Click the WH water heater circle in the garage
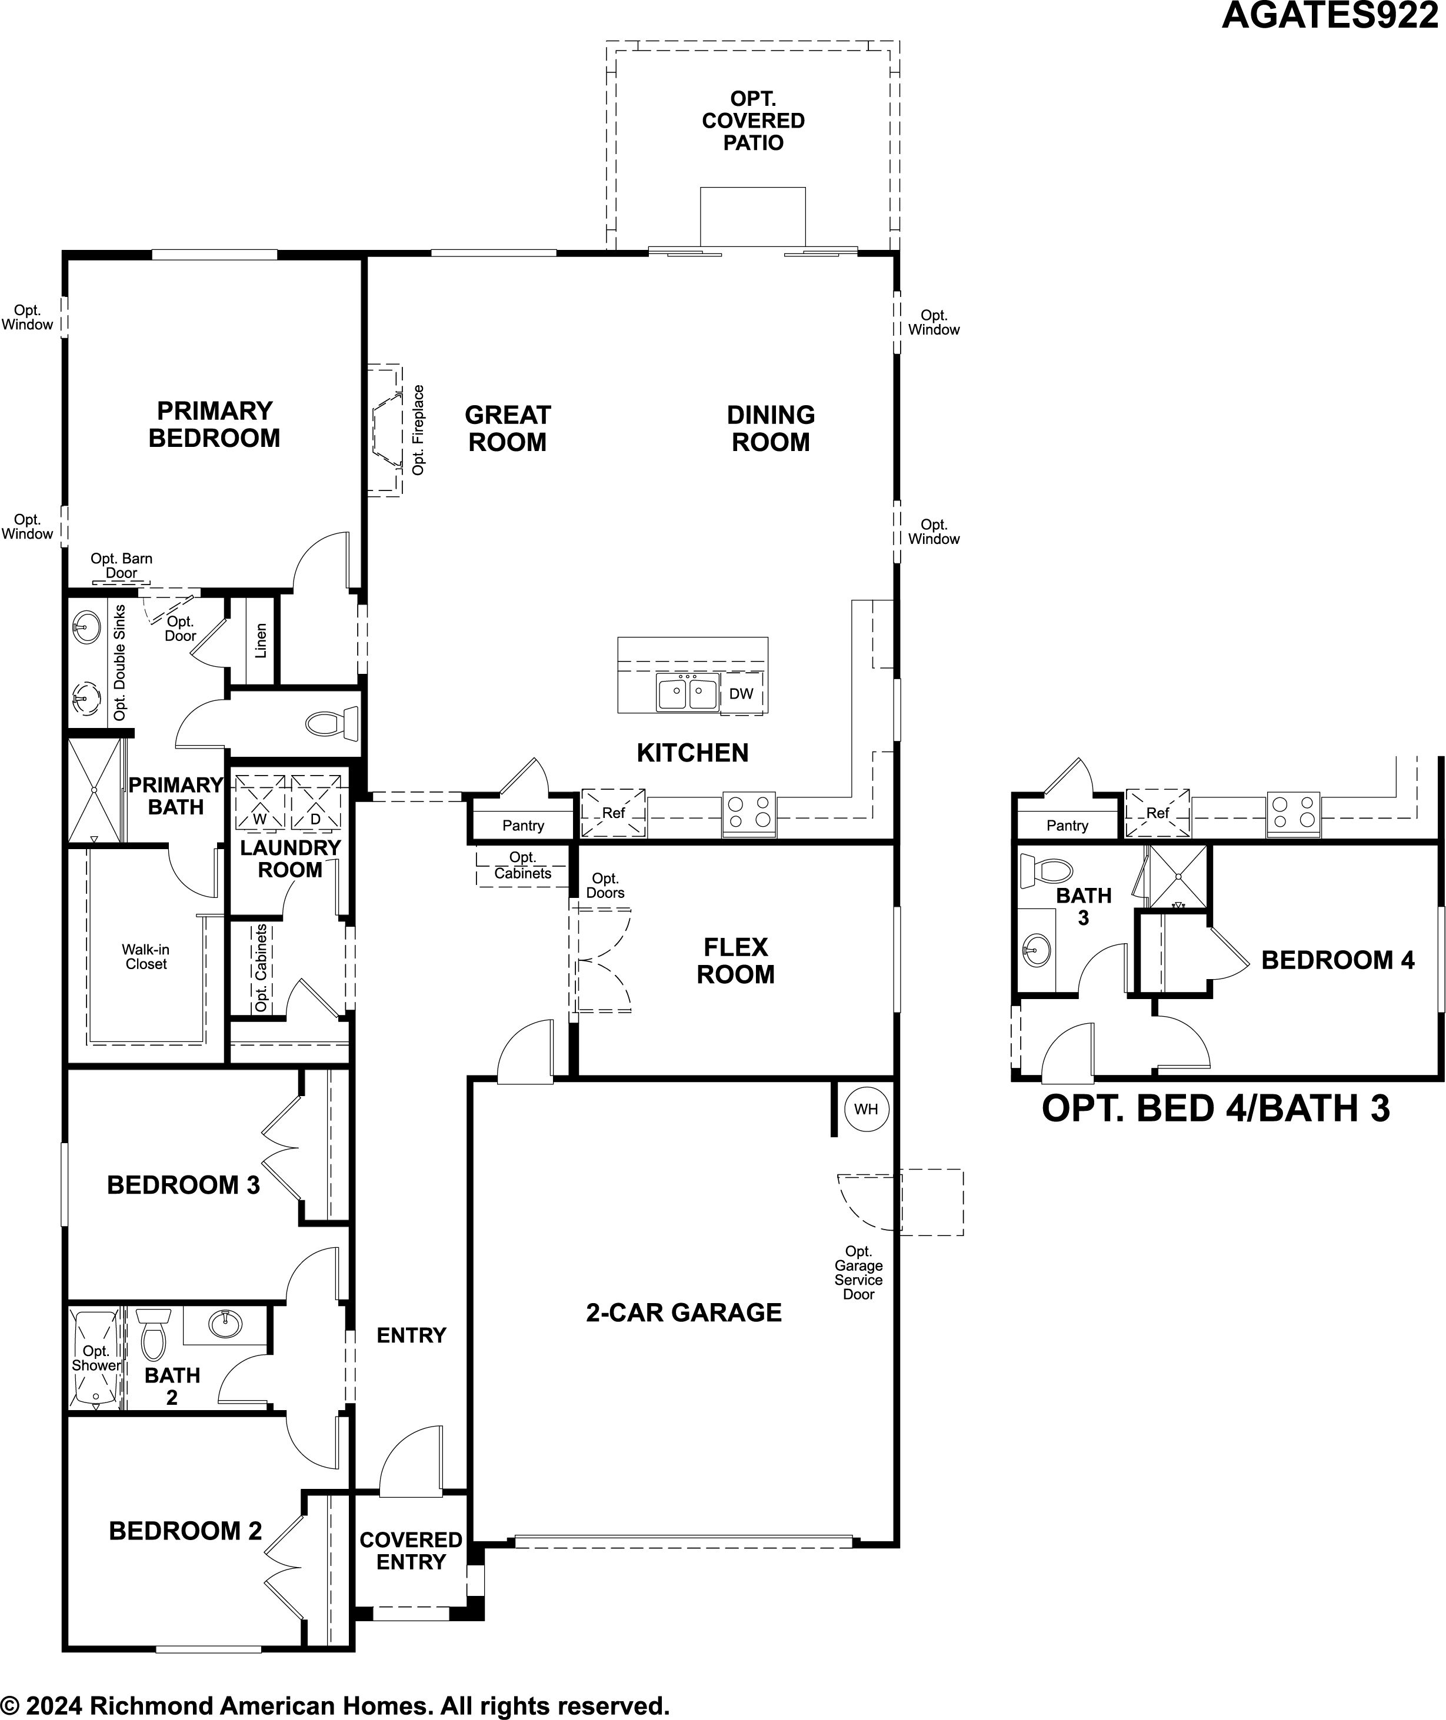click(865, 1110)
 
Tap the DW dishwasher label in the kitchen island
click(741, 694)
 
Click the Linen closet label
click(261, 641)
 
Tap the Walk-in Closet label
click(146, 956)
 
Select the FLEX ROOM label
click(735, 960)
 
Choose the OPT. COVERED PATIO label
click(754, 121)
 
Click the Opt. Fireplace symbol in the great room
click(386, 430)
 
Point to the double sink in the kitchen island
click(688, 693)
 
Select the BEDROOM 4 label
click(1338, 960)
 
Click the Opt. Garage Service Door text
click(858, 1273)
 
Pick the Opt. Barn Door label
click(121, 566)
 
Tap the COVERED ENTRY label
click(411, 1551)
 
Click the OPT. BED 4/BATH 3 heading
click(1215, 1108)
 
